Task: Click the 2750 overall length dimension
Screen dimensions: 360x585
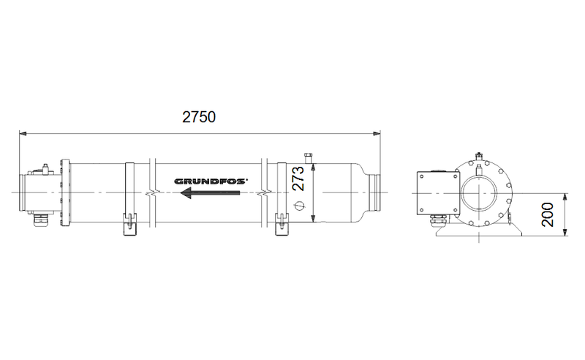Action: [x=200, y=117]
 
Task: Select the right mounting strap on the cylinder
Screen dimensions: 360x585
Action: [x=280, y=198]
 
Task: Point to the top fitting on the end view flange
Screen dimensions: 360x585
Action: [x=479, y=155]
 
